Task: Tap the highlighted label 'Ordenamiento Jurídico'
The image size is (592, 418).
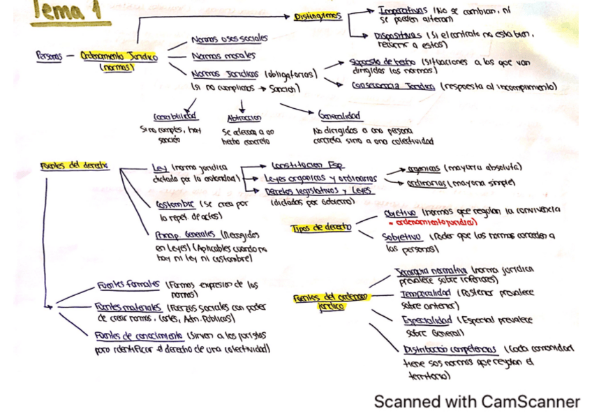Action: [118, 57]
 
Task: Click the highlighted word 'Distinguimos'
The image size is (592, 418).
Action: [318, 17]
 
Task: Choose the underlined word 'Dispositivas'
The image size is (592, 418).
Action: [398, 35]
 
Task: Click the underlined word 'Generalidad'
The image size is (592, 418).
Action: [339, 116]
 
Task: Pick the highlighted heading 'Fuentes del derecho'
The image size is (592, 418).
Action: [74, 165]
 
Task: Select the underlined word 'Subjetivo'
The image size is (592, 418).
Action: [400, 237]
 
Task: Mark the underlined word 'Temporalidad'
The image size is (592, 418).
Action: [427, 293]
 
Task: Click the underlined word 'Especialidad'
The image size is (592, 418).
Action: [427, 320]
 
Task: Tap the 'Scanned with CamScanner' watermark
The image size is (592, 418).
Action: [477, 401]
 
